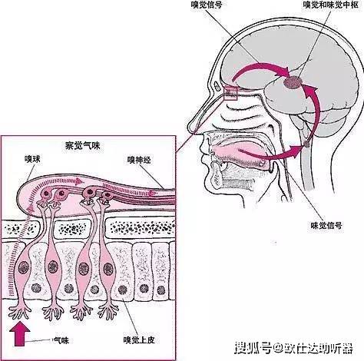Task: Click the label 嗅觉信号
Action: tap(207, 5)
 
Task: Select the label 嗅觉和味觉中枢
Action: tap(330, 5)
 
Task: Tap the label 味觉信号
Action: tap(326, 226)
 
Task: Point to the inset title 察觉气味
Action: tap(82, 146)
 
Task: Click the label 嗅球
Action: tap(32, 159)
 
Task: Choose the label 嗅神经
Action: tap(139, 160)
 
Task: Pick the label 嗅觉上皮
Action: tap(139, 340)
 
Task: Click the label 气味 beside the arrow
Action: tap(61, 340)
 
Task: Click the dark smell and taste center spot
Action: tap(293, 82)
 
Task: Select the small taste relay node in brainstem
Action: tap(306, 144)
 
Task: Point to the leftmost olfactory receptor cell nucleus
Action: tap(24, 267)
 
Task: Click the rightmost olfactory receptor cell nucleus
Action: tap(108, 269)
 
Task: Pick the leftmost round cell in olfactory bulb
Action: tap(46, 193)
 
